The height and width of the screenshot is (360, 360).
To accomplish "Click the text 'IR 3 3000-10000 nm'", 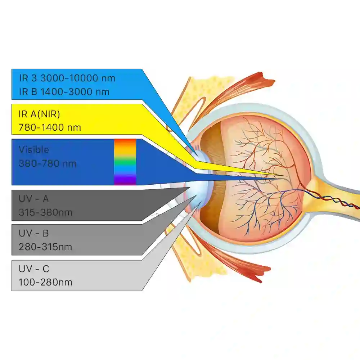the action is tap(67, 78).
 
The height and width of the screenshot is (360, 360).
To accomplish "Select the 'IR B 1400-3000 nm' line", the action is tap(64, 91).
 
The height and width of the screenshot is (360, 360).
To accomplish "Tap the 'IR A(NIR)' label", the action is tap(39, 114).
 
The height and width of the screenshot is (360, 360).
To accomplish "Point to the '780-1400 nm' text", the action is tap(50, 127).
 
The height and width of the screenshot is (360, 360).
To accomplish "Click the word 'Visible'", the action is tap(34, 150).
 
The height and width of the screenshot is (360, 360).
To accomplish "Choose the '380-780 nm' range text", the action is tap(47, 164).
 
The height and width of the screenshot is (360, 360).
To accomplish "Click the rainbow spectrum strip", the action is tap(125, 162).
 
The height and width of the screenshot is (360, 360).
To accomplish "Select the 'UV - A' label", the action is tap(33, 199).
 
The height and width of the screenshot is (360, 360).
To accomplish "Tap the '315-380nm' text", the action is tap(45, 212).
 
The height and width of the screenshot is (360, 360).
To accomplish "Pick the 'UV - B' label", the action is tap(33, 233).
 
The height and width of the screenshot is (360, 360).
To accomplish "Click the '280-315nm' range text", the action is tap(45, 247).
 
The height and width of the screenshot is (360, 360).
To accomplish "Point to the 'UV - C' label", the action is tap(34, 269).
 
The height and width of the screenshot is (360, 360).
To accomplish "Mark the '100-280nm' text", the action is tap(45, 282).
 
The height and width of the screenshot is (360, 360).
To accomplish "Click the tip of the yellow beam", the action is tap(286, 176).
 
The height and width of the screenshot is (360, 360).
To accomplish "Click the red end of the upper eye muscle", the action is tap(264, 79).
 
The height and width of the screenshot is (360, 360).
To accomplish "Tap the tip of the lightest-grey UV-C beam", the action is tap(201, 202).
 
